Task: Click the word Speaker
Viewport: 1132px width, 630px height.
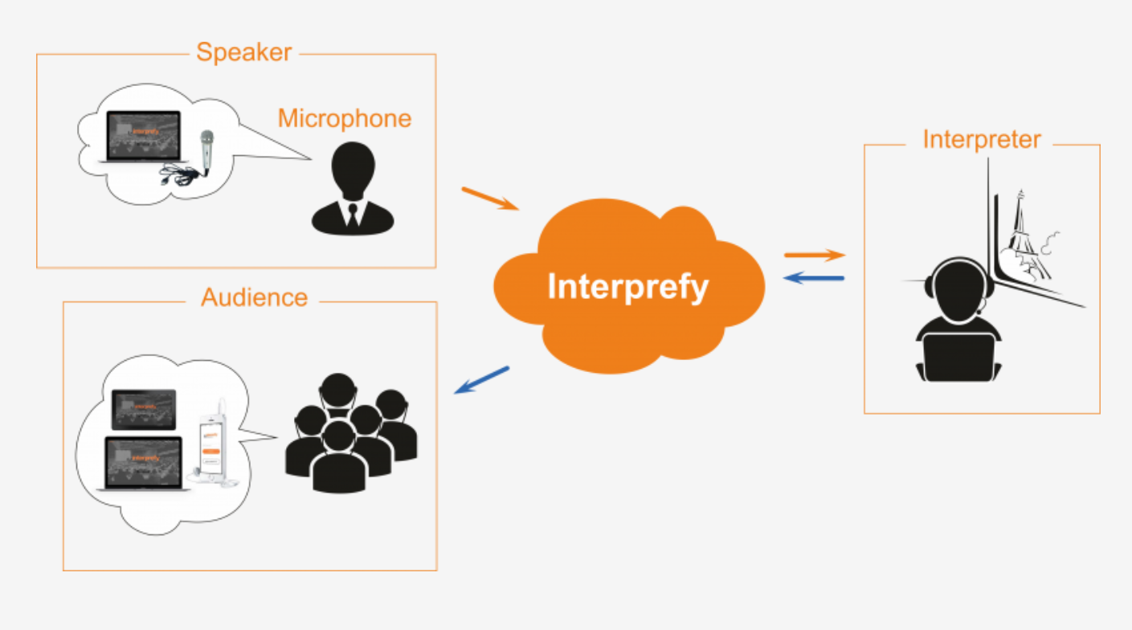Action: [243, 53]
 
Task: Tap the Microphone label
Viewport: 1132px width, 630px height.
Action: [344, 119]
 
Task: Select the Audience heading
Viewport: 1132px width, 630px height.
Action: [254, 297]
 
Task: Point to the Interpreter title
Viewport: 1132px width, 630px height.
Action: [981, 139]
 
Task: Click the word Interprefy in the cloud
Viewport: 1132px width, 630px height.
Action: [628, 286]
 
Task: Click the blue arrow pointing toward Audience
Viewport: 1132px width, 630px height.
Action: [482, 379]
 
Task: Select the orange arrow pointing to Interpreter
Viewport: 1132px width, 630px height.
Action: [815, 255]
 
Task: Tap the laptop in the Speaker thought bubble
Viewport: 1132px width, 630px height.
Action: [142, 138]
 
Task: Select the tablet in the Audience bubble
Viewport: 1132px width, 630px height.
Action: [144, 409]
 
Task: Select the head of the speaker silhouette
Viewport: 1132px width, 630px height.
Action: [353, 169]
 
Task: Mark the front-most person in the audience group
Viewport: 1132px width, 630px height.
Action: [339, 458]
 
